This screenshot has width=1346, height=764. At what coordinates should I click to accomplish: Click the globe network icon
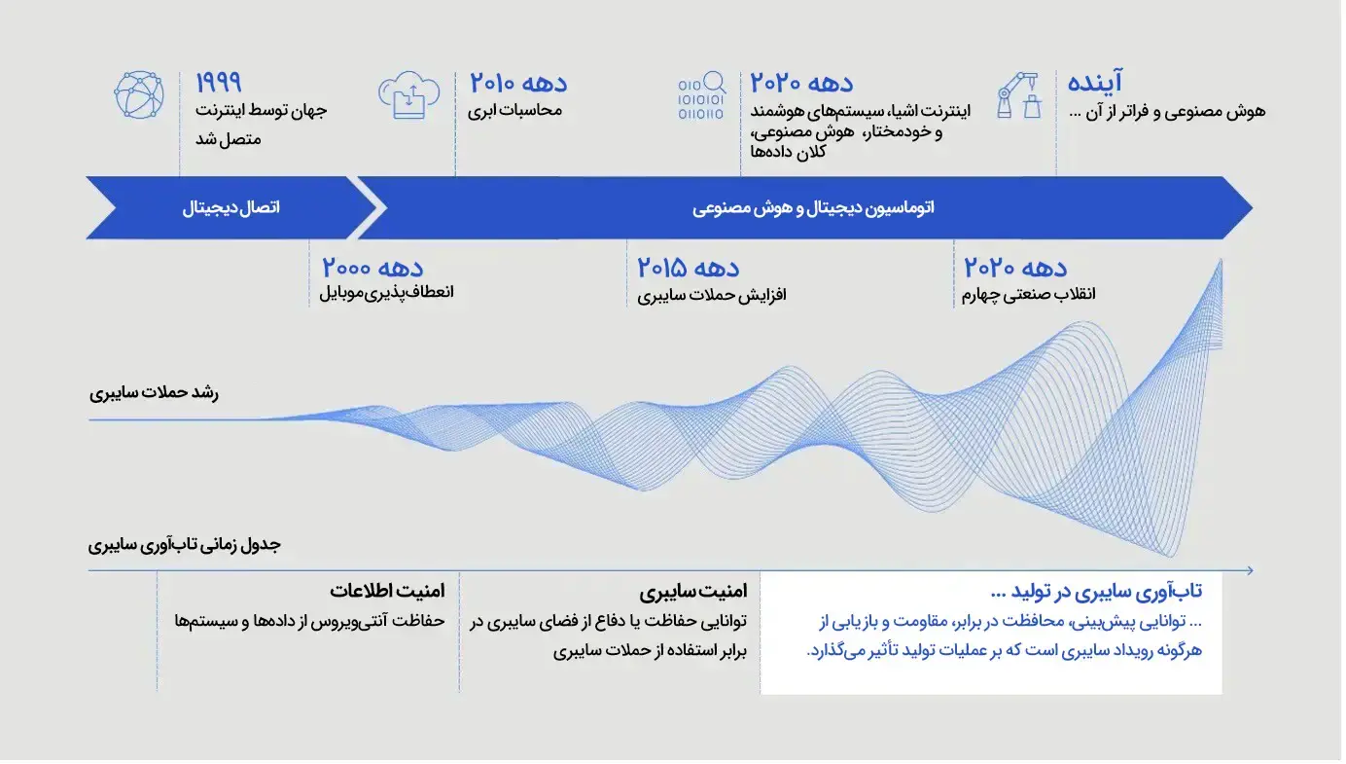click(139, 95)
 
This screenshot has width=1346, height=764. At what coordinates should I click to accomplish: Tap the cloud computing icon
click(409, 95)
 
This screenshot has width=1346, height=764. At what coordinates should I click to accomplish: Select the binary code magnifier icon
click(702, 95)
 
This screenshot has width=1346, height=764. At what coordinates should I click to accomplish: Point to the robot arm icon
click(1020, 95)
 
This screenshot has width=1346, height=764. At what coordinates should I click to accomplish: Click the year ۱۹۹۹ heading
click(219, 83)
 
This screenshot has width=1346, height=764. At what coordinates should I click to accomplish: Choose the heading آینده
click(1095, 81)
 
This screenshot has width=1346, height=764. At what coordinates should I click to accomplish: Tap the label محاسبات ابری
click(515, 111)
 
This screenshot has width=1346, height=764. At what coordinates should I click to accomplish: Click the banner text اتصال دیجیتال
click(231, 208)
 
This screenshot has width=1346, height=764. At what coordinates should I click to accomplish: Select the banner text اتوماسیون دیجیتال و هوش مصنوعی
click(814, 208)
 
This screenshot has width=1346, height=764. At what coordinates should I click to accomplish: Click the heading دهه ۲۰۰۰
click(373, 268)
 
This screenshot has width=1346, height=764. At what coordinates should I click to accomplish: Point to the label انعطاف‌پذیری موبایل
click(386, 293)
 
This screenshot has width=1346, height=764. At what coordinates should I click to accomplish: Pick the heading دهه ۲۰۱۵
click(689, 268)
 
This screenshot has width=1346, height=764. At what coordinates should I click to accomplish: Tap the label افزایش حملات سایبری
click(712, 295)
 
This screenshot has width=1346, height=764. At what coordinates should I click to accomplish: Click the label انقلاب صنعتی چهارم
click(1029, 294)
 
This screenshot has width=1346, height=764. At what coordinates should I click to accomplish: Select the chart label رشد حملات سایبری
click(155, 393)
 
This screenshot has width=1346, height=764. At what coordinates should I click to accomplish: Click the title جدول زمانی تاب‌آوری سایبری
click(185, 545)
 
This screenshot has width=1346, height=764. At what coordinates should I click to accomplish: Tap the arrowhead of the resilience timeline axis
click(1251, 571)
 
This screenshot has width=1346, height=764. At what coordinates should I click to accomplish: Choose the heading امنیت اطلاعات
click(388, 592)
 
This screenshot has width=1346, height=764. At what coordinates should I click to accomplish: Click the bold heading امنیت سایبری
click(693, 592)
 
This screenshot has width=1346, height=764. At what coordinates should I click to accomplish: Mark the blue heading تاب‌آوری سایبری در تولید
click(1097, 592)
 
